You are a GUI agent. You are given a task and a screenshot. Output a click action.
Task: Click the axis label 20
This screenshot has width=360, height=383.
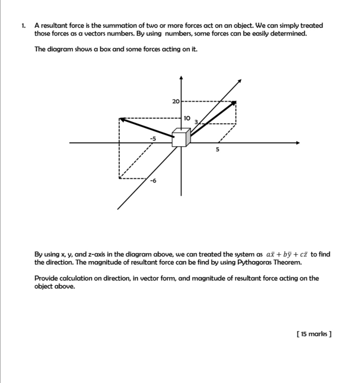pos(175,101)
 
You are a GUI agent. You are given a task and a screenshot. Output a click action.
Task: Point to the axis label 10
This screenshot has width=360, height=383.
pos(187,118)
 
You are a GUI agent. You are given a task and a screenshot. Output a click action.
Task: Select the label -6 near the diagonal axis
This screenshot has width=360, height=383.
pos(152,181)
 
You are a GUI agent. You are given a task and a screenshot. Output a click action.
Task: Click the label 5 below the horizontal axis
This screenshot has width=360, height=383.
pos(217,150)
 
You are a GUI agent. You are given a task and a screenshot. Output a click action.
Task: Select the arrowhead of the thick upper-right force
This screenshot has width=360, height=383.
pos(234,103)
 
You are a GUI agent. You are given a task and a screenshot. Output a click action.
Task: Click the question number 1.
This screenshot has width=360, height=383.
pos(23,26)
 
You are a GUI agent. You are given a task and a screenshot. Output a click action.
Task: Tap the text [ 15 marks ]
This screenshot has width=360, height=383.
pos(314,333)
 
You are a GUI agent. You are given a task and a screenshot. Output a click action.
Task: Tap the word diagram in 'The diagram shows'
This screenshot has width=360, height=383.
pos(60,49)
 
